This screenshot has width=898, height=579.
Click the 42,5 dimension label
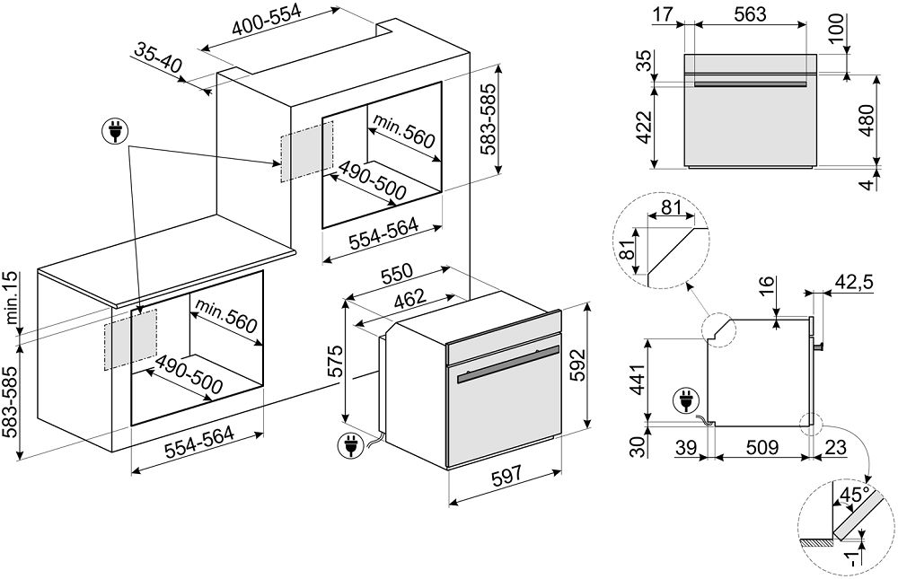pos(854,284)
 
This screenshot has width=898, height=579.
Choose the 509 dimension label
pos(762,447)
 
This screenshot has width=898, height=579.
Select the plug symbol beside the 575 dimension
pos(348,443)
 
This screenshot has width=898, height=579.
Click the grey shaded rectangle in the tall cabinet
pos(306,151)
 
